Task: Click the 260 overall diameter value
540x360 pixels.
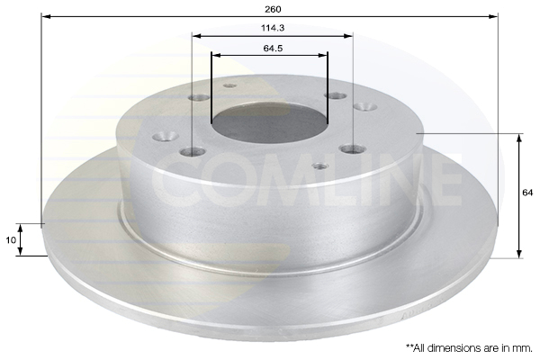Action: (273, 9)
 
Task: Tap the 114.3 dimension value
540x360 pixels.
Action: (273, 28)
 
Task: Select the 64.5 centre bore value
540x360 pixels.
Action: (273, 49)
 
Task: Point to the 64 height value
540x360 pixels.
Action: (527, 193)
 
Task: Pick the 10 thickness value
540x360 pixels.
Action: (11, 239)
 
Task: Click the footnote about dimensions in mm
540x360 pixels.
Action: (469, 348)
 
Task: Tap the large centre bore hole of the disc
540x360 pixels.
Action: (270, 123)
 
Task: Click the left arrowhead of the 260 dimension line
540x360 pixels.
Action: (46, 16)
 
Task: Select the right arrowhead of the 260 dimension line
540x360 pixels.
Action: (493, 16)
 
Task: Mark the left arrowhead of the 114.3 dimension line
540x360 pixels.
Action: (196, 35)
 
